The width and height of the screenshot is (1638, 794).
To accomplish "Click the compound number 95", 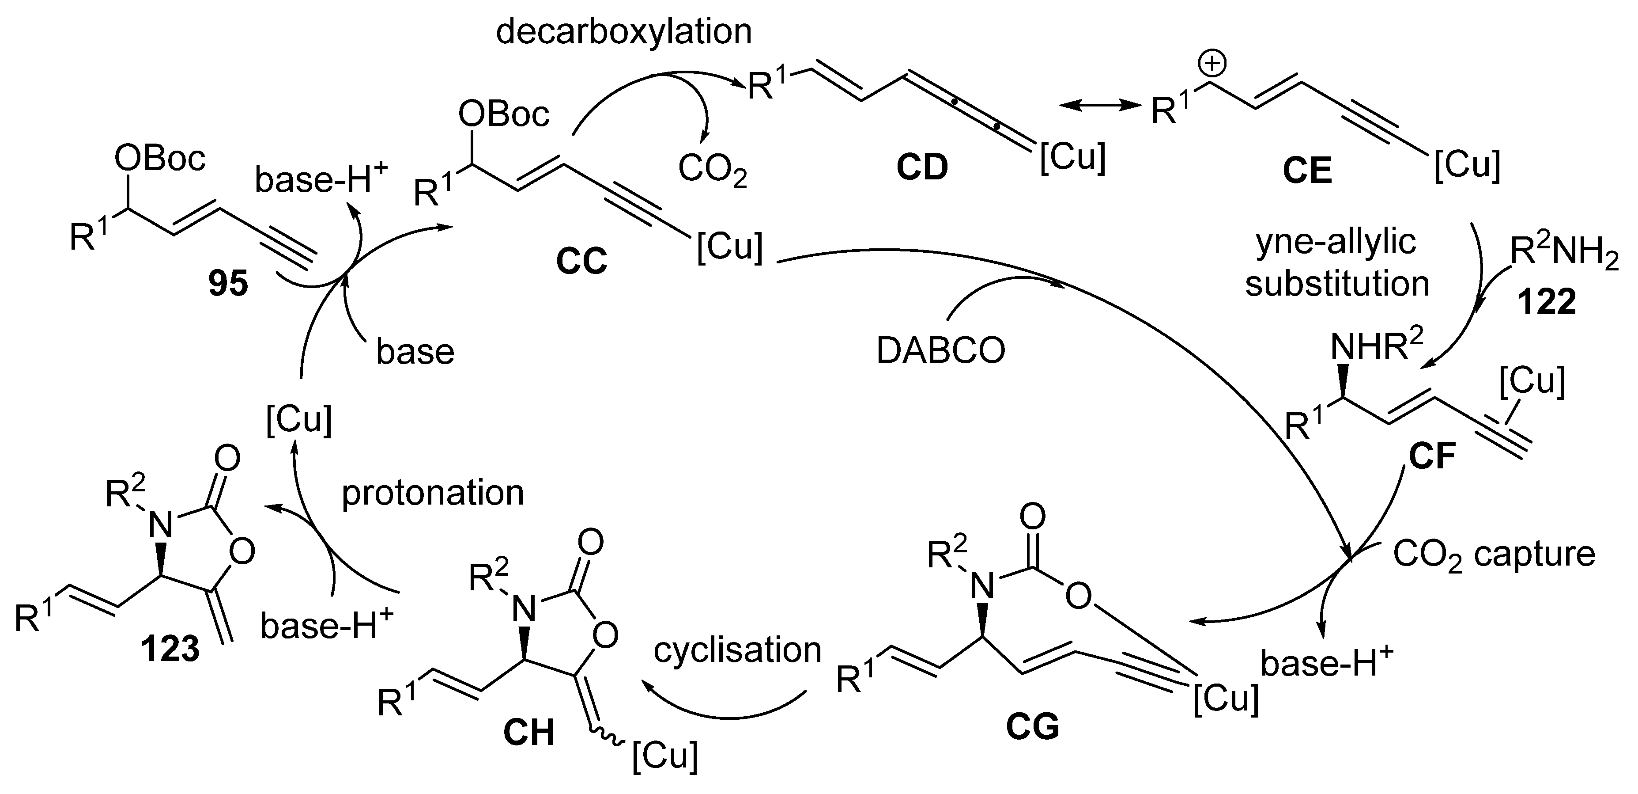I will (228, 284).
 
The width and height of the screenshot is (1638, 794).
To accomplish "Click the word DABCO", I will (940, 350).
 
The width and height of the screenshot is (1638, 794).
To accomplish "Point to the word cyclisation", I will (738, 650).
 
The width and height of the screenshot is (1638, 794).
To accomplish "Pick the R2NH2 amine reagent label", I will (1563, 252).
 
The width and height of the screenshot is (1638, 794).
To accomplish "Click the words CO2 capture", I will (1494, 555).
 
